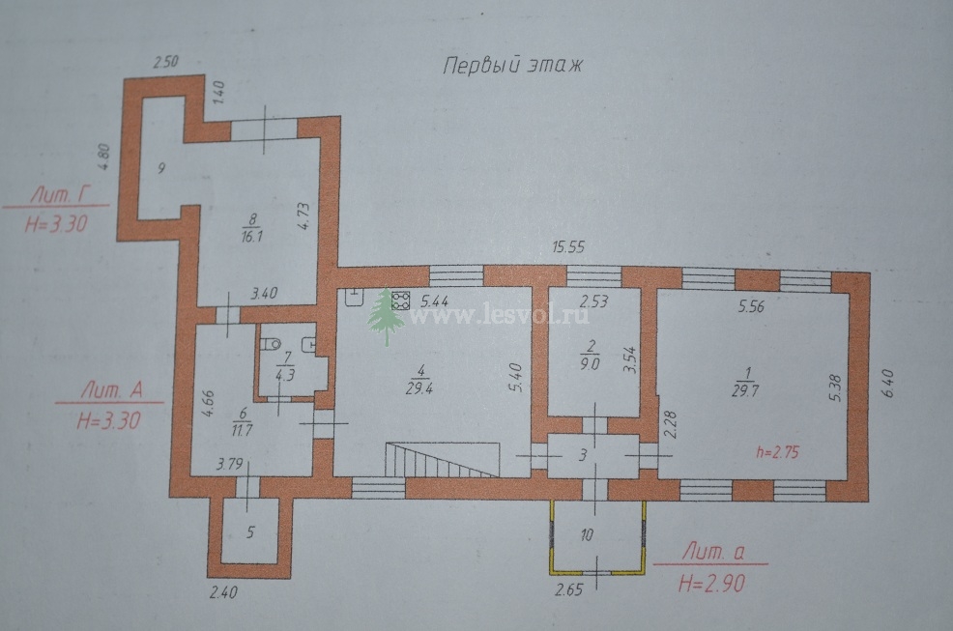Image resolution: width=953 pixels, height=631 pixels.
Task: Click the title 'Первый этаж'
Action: pyautogui.click(x=512, y=65)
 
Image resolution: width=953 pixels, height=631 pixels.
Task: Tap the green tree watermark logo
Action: pyautogui.click(x=386, y=316)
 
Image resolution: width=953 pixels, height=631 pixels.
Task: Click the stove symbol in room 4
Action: pyautogui.click(x=401, y=300)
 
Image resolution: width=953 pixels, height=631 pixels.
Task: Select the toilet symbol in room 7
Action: pyautogui.click(x=270, y=345)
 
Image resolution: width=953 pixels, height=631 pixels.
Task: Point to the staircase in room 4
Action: pyautogui.click(x=442, y=460)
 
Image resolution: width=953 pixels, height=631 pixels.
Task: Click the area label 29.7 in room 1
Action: pyautogui.click(x=746, y=391)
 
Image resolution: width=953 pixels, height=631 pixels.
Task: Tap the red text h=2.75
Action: pyautogui.click(x=777, y=452)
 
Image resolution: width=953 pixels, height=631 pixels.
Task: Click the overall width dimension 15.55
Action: pyautogui.click(x=568, y=247)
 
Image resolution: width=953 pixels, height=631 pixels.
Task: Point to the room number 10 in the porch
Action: pyautogui.click(x=587, y=535)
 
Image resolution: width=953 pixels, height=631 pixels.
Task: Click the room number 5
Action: pyautogui.click(x=250, y=532)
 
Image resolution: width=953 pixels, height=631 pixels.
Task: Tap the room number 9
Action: pyautogui.click(x=161, y=168)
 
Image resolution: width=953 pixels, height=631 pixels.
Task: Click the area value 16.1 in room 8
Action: pyautogui.click(x=251, y=236)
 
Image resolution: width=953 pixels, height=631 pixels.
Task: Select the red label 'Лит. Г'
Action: pyautogui.click(x=61, y=196)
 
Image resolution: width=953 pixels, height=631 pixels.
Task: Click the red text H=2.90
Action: pyautogui.click(x=711, y=585)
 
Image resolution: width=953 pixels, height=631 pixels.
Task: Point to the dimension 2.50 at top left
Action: pyautogui.click(x=166, y=62)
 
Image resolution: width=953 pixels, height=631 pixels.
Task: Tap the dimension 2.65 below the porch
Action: pyautogui.click(x=569, y=589)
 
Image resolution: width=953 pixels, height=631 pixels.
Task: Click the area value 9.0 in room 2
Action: pyautogui.click(x=590, y=363)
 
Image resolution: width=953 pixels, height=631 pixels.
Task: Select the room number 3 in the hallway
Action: pyautogui.click(x=582, y=455)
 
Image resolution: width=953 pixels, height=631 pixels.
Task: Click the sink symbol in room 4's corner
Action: pyautogui.click(x=353, y=297)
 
